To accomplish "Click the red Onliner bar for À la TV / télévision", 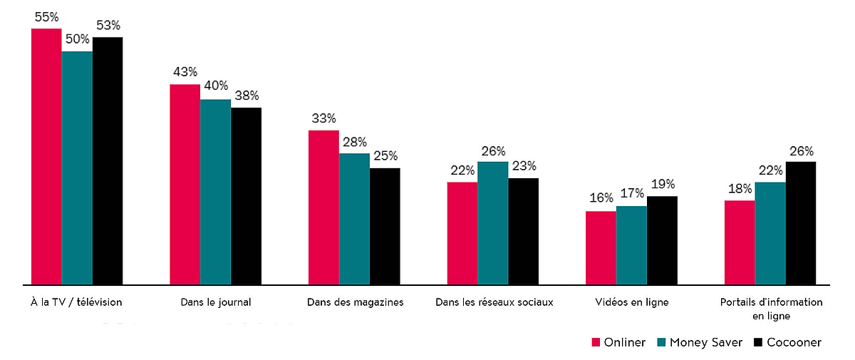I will [46, 157].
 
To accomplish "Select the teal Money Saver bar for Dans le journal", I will [215, 192].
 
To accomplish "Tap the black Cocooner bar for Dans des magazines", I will [385, 226].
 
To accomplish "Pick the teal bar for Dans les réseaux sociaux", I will [492, 223].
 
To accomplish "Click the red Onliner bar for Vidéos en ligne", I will [601, 248].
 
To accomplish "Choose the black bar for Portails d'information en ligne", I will [800, 223].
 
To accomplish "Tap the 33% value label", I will [323, 118].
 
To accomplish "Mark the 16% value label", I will [601, 199].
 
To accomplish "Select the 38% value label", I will [247, 96].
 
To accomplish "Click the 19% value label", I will [663, 184].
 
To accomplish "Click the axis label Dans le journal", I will [215, 302].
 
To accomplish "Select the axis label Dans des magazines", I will [355, 302].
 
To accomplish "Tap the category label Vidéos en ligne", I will [631, 302].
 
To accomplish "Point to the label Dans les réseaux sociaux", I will [494, 302].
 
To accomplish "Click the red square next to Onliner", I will [596, 343].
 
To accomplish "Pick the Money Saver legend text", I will [705, 343].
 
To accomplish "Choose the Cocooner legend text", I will [794, 343].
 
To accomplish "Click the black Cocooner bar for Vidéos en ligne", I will [662, 240].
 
